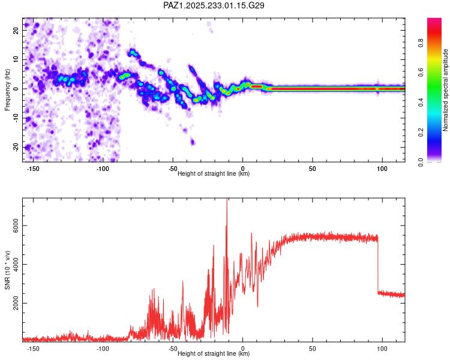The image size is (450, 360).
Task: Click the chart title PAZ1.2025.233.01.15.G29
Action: (214, 5)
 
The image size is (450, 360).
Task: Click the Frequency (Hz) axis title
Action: (7, 89)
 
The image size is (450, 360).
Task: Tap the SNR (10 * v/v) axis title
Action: (7, 269)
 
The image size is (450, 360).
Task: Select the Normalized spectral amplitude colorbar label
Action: (446, 90)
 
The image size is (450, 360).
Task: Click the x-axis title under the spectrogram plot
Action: (214, 174)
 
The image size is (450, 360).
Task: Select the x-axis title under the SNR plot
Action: (214, 354)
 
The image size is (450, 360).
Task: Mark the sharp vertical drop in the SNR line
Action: (378, 264)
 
